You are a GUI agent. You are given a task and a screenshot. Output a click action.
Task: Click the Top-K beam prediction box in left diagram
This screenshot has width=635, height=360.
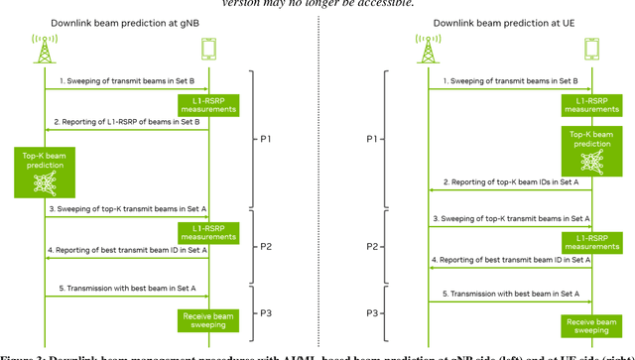tap(45, 171)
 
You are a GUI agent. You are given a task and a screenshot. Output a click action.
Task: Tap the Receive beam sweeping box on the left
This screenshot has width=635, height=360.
tap(208, 320)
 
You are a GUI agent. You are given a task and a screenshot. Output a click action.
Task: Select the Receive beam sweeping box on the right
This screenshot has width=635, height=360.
tap(591, 326)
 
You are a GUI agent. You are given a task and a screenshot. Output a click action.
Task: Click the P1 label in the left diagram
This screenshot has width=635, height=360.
tap(265, 139)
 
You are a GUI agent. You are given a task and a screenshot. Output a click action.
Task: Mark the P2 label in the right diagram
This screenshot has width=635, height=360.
tap(372, 246)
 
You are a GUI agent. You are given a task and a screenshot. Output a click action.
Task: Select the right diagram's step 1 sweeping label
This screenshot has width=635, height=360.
tap(510, 81)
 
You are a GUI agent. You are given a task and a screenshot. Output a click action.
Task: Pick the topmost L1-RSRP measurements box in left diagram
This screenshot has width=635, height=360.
tap(208, 104)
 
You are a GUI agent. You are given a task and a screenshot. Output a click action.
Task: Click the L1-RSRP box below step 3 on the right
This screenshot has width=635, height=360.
tap(591, 242)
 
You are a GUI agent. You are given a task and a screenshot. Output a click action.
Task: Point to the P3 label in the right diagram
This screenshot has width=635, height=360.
tap(372, 313)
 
